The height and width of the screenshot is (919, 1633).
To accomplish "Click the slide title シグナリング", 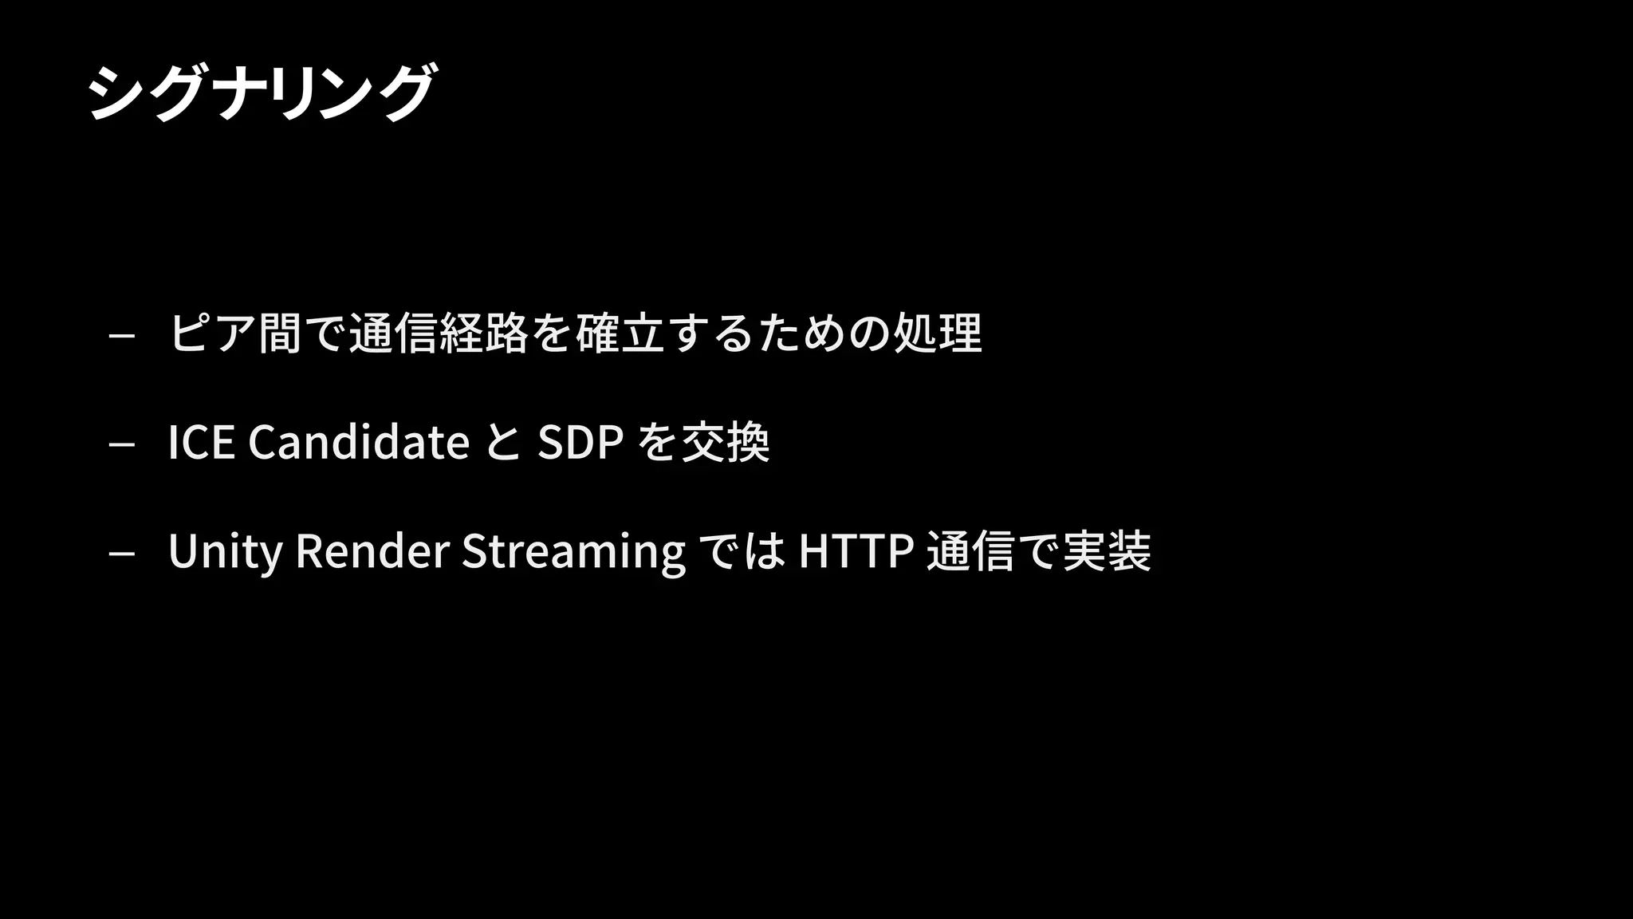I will tap(262, 92).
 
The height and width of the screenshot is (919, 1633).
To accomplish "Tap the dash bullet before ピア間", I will tap(121, 336).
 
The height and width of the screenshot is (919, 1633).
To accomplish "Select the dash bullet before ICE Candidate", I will tap(121, 444).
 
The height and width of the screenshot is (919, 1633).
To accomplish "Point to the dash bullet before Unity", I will tap(121, 553).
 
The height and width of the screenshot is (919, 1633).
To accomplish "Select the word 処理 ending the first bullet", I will tap(938, 333).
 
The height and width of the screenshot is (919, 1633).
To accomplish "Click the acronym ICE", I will tap(201, 442).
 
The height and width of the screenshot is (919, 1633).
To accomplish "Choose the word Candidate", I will tap(359, 442).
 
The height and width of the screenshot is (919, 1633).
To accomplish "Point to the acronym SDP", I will tap(580, 442).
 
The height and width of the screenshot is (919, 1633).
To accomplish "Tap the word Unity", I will tap(225, 550).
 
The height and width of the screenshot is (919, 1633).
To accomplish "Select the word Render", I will tap(372, 550).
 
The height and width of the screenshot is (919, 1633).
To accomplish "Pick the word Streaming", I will tap(573, 550).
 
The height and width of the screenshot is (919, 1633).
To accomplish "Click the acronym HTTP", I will tap(856, 550).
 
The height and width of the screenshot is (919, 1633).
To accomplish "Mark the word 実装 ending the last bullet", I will tap(1107, 550).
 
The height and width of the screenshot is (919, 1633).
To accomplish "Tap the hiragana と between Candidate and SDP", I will tap(503, 442).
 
